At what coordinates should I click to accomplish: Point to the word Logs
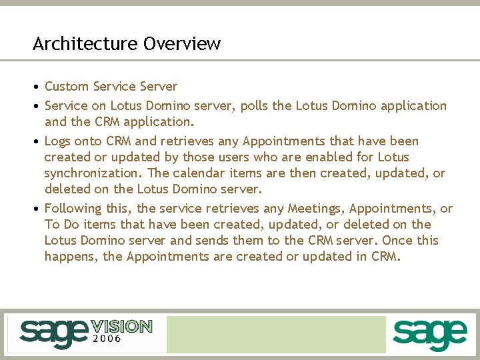coord(57,141)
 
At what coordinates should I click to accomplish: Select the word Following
coord(71,209)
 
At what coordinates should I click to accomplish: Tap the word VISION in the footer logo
coord(121,327)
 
